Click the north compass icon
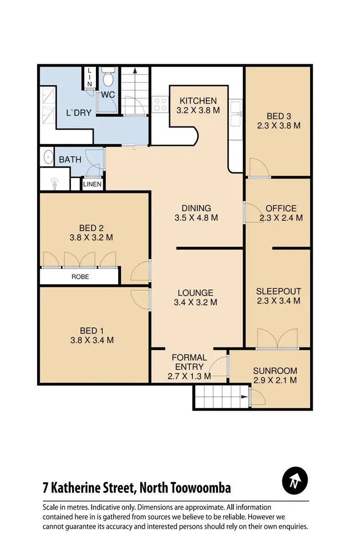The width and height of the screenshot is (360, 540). pos(295,480)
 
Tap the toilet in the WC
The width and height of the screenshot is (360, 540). pos(107,77)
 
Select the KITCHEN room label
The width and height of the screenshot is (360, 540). pos(198,101)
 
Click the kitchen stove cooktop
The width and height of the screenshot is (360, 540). pos(159,104)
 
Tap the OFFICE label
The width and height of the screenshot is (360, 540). pos(281,208)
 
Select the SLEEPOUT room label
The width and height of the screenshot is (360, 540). pos(278,291)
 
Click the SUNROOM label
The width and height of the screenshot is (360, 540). pos(275,371)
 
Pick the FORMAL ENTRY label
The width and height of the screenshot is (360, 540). pos(190,362)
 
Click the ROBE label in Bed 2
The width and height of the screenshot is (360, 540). pos(80,277)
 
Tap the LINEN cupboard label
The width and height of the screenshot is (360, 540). pos(92,184)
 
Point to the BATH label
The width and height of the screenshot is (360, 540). pos(70,160)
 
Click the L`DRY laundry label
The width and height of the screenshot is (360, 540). pos(79,114)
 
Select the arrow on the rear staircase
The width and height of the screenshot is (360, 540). pos(135,72)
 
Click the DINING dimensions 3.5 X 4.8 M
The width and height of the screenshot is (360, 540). pos(196,217)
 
